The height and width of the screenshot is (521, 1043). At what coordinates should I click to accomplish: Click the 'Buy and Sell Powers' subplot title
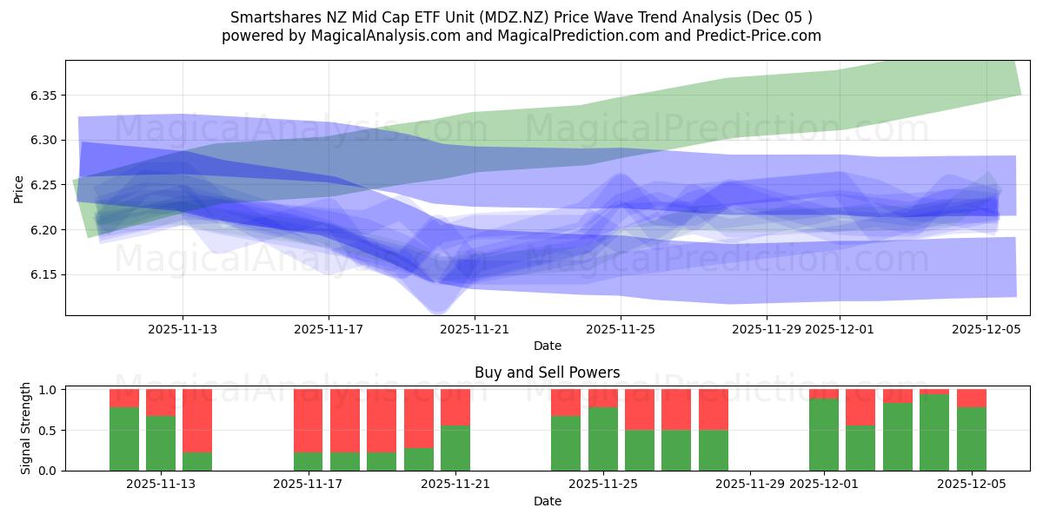point(547,373)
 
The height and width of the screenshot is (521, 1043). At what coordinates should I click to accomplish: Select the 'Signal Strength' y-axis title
point(26,428)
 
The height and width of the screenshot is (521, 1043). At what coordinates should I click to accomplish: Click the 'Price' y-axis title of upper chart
point(19,188)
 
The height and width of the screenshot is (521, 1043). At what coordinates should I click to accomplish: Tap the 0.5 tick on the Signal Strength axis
point(49,431)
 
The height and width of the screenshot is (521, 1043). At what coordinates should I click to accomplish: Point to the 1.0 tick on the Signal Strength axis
point(49,390)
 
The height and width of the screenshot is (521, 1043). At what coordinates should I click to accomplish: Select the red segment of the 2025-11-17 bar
point(308,420)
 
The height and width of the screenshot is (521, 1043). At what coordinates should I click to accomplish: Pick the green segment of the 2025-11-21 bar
point(455,448)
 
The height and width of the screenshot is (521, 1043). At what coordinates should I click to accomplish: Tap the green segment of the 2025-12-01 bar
point(823,434)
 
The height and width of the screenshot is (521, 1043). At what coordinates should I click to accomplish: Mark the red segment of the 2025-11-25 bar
point(602,399)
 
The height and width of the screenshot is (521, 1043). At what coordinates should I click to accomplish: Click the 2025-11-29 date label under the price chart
point(766,329)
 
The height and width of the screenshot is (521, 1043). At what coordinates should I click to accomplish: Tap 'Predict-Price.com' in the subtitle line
point(761,36)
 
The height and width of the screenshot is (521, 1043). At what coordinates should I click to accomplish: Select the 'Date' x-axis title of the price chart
point(547,346)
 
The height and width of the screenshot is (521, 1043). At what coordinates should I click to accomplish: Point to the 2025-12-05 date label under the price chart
point(986,329)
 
